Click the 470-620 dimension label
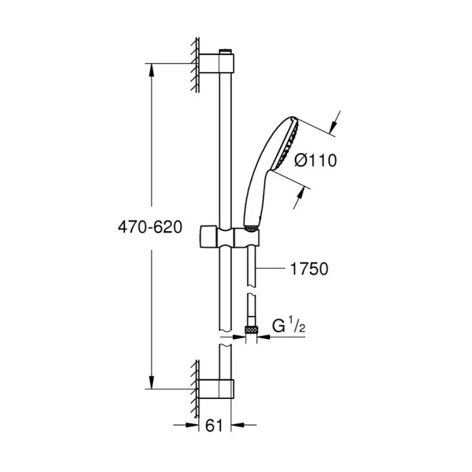pos(150,227)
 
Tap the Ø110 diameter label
pos(315,160)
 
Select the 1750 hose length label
pos(309,269)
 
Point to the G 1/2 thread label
pos(288,326)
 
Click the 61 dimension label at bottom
pos(214,425)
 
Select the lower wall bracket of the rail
pos(216,389)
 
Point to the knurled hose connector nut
pos(252,329)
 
